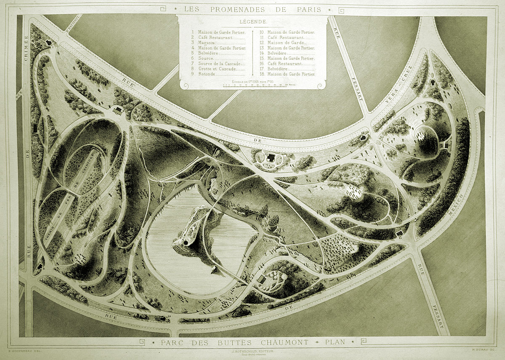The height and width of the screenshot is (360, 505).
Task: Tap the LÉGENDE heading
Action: (252, 21)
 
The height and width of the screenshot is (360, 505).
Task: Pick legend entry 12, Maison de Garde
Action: (286, 43)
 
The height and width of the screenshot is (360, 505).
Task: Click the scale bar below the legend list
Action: (252, 85)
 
